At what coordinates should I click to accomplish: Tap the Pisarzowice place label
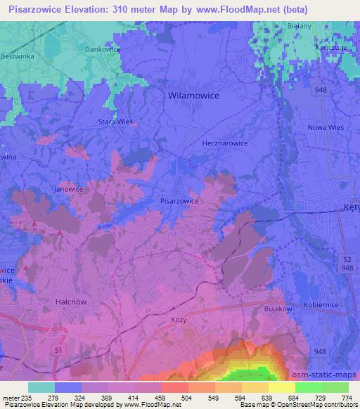click(181, 200)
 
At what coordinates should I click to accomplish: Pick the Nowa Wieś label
click(323, 128)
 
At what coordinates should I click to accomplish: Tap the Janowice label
click(68, 189)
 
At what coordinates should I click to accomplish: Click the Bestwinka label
click(17, 56)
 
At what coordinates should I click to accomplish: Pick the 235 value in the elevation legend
click(27, 398)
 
